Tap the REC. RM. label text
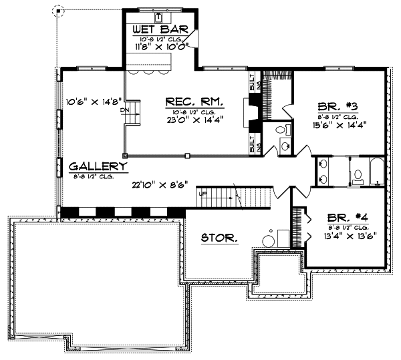194,102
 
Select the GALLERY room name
97,166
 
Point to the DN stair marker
124,112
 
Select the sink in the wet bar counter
158,16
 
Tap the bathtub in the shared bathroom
377,172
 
